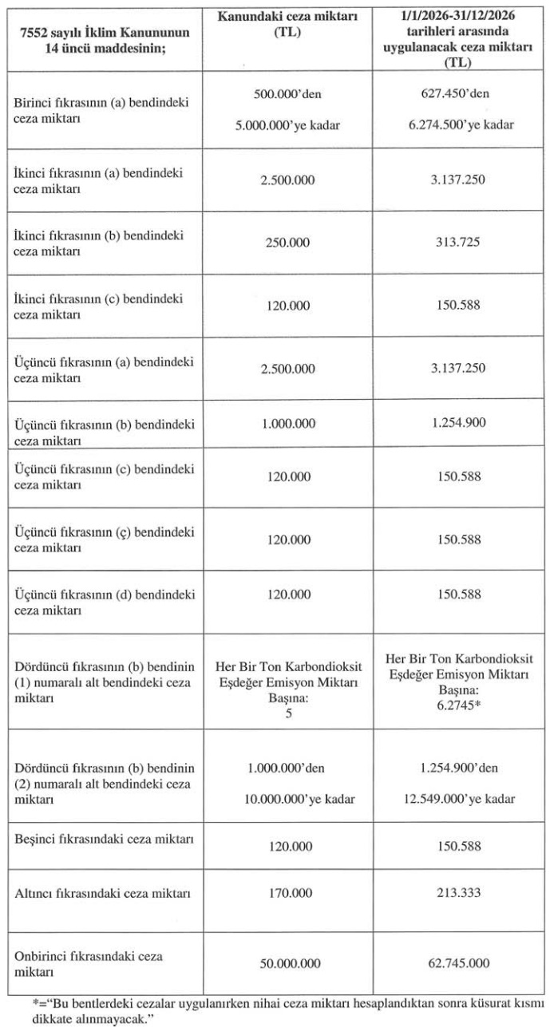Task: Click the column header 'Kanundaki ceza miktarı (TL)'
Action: (289, 23)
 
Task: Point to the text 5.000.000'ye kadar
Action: (289, 125)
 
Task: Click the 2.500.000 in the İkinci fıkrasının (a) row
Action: (289, 180)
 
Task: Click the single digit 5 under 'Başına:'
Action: (289, 713)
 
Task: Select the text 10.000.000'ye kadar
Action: (289, 799)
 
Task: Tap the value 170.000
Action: (289, 893)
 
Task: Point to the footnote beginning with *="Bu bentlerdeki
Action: (275, 1008)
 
